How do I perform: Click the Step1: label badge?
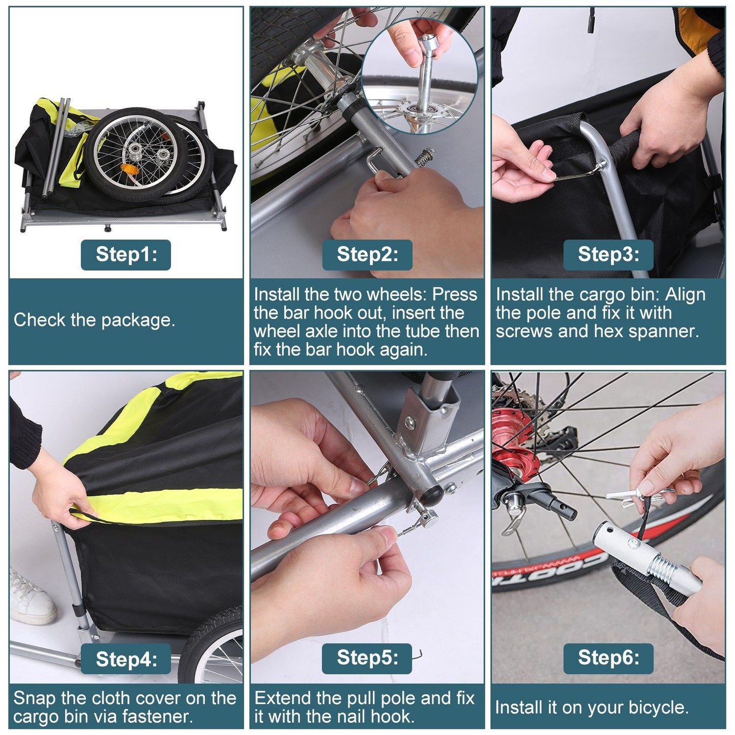click(x=126, y=254)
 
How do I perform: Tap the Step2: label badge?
click(x=367, y=254)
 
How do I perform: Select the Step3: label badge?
click(x=608, y=254)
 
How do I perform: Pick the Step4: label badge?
click(x=126, y=659)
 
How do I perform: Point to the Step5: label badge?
click(x=367, y=659)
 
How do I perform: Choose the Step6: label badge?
click(x=608, y=659)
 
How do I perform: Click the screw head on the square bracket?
click(x=410, y=422)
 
